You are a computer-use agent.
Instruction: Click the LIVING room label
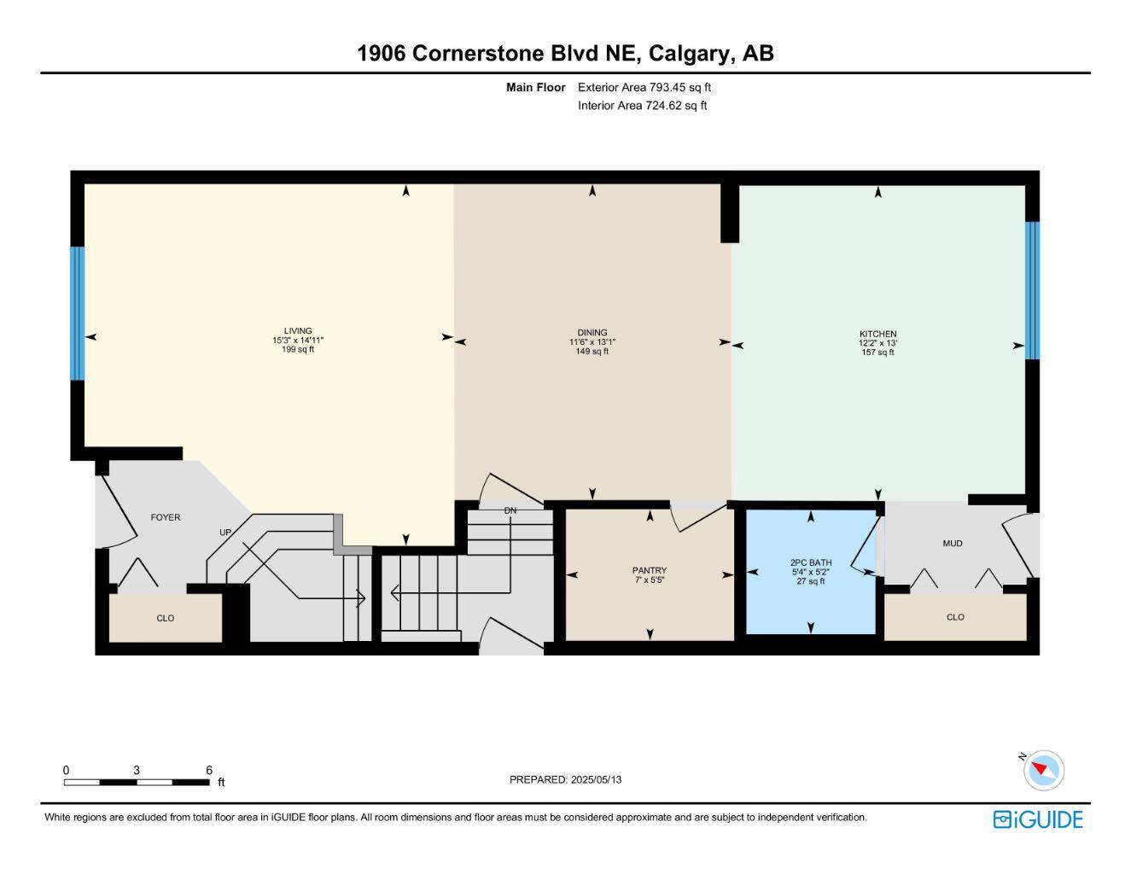tap(298, 330)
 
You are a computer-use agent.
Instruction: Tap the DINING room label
tap(592, 332)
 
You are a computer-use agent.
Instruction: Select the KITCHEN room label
tap(877, 334)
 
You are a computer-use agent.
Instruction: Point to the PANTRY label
tap(649, 570)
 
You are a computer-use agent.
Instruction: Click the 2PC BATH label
tap(810, 562)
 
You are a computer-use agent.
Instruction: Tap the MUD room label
tap(952, 543)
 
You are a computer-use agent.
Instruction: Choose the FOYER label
tap(166, 517)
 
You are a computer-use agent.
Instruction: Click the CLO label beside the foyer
tap(166, 618)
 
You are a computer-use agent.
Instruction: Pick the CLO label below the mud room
tap(955, 617)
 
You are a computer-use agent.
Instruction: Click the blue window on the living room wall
tap(78, 313)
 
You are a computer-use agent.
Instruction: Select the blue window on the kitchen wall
tap(1032, 290)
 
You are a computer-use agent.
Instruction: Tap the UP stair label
tap(224, 533)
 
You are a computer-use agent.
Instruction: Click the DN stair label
tap(510, 510)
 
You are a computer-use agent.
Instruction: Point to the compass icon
tap(1043, 771)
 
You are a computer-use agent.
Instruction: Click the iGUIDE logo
tap(1038, 819)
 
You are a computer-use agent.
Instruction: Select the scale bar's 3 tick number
tap(137, 770)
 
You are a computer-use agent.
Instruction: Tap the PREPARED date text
tap(565, 779)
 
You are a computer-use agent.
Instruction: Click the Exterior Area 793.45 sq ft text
tap(644, 87)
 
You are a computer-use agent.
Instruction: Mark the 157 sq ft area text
tap(877, 353)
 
